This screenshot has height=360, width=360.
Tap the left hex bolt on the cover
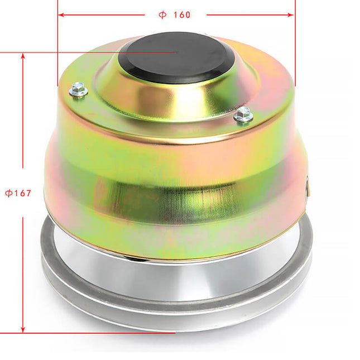coord(79,89)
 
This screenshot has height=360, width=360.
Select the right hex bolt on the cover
coord(243,115)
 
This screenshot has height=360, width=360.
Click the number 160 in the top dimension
coord(181,15)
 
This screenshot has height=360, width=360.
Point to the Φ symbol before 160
coord(162,15)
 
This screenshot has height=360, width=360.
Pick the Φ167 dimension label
coord(18,193)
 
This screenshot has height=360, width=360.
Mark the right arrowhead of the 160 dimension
coord(291,15)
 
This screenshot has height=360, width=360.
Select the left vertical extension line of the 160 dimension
coord(58,45)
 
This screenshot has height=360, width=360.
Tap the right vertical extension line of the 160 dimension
coord(295,45)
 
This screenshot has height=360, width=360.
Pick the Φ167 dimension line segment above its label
coord(23,112)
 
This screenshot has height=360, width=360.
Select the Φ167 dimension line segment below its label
coord(23,268)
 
